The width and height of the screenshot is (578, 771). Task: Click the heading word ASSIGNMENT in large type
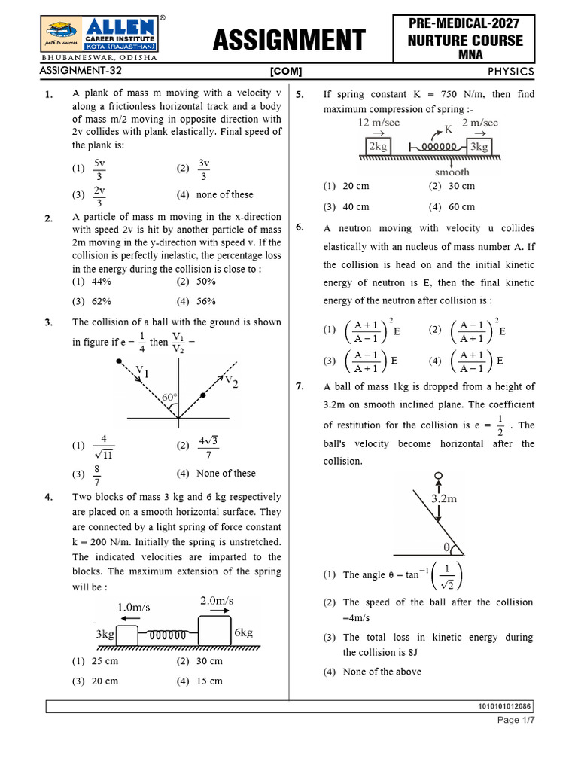[289, 40]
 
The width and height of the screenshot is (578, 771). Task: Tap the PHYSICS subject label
[510, 72]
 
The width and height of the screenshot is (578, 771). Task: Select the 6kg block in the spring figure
[215, 629]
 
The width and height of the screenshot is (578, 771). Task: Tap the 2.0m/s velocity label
[217, 600]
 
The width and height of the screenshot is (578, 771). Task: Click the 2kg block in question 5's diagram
[377, 146]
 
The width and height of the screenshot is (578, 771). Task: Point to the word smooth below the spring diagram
[452, 172]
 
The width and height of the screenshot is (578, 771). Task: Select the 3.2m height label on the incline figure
[443, 498]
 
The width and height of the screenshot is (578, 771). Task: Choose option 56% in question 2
[206, 301]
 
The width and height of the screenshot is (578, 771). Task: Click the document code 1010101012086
[504, 706]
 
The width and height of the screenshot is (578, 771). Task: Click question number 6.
[300, 227]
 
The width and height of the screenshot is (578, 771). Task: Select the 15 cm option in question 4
[209, 681]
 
